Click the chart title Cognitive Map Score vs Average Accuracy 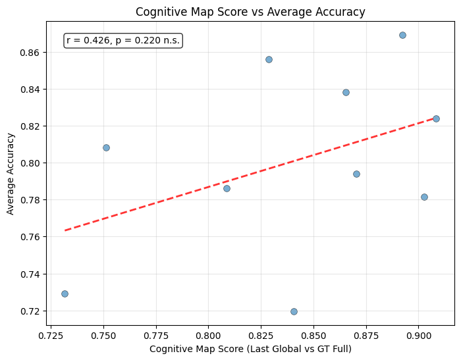point(250,11)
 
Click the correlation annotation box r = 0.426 point(123,41)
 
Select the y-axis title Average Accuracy point(11,173)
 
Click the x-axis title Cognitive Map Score point(250,348)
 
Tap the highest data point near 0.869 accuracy point(402,35)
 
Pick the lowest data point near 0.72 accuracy point(294,311)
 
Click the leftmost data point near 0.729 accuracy point(65,294)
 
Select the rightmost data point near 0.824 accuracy point(436,118)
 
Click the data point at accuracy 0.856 point(269,59)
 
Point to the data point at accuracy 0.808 point(106,147)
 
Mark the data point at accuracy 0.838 point(346,92)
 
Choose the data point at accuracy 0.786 point(227,188)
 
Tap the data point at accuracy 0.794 point(356,174)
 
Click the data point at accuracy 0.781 point(424,197)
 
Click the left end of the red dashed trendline point(65,230)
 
